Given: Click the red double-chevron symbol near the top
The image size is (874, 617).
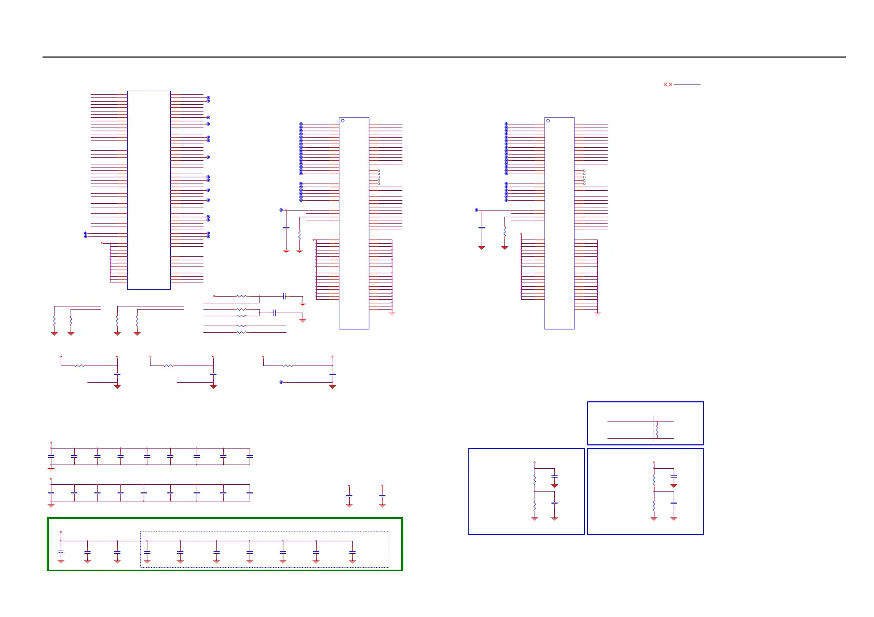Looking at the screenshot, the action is click(x=668, y=85).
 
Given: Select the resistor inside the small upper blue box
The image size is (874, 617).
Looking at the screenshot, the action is click(x=657, y=430).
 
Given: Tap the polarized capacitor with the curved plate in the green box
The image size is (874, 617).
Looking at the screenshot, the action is click(x=61, y=553).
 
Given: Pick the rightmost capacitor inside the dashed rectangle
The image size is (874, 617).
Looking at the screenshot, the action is click(x=352, y=553).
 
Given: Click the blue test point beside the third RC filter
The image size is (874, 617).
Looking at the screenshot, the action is click(x=281, y=382).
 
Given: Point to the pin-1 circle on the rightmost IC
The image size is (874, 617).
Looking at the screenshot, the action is click(x=548, y=121).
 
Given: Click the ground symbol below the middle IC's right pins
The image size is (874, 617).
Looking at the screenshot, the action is click(x=392, y=314).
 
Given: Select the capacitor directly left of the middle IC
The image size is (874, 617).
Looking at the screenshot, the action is click(x=286, y=228).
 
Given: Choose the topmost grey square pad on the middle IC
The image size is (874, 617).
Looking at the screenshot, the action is click(x=379, y=171).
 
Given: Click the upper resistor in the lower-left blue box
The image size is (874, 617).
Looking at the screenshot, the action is click(x=535, y=480).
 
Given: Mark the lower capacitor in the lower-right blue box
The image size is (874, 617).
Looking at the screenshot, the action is click(x=674, y=502).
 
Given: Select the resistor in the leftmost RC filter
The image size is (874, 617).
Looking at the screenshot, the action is click(x=79, y=366).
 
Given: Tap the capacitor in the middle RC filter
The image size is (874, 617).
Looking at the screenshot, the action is click(x=213, y=374).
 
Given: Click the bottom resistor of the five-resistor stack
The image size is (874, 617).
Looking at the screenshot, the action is click(x=241, y=332).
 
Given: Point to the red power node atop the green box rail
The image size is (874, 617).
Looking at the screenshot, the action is click(x=61, y=532).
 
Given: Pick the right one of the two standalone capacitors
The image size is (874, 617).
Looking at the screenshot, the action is click(x=382, y=496).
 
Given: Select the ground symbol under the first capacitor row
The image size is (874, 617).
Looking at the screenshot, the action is click(x=51, y=468).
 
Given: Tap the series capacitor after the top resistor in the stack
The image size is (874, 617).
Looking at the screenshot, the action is click(x=284, y=296).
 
